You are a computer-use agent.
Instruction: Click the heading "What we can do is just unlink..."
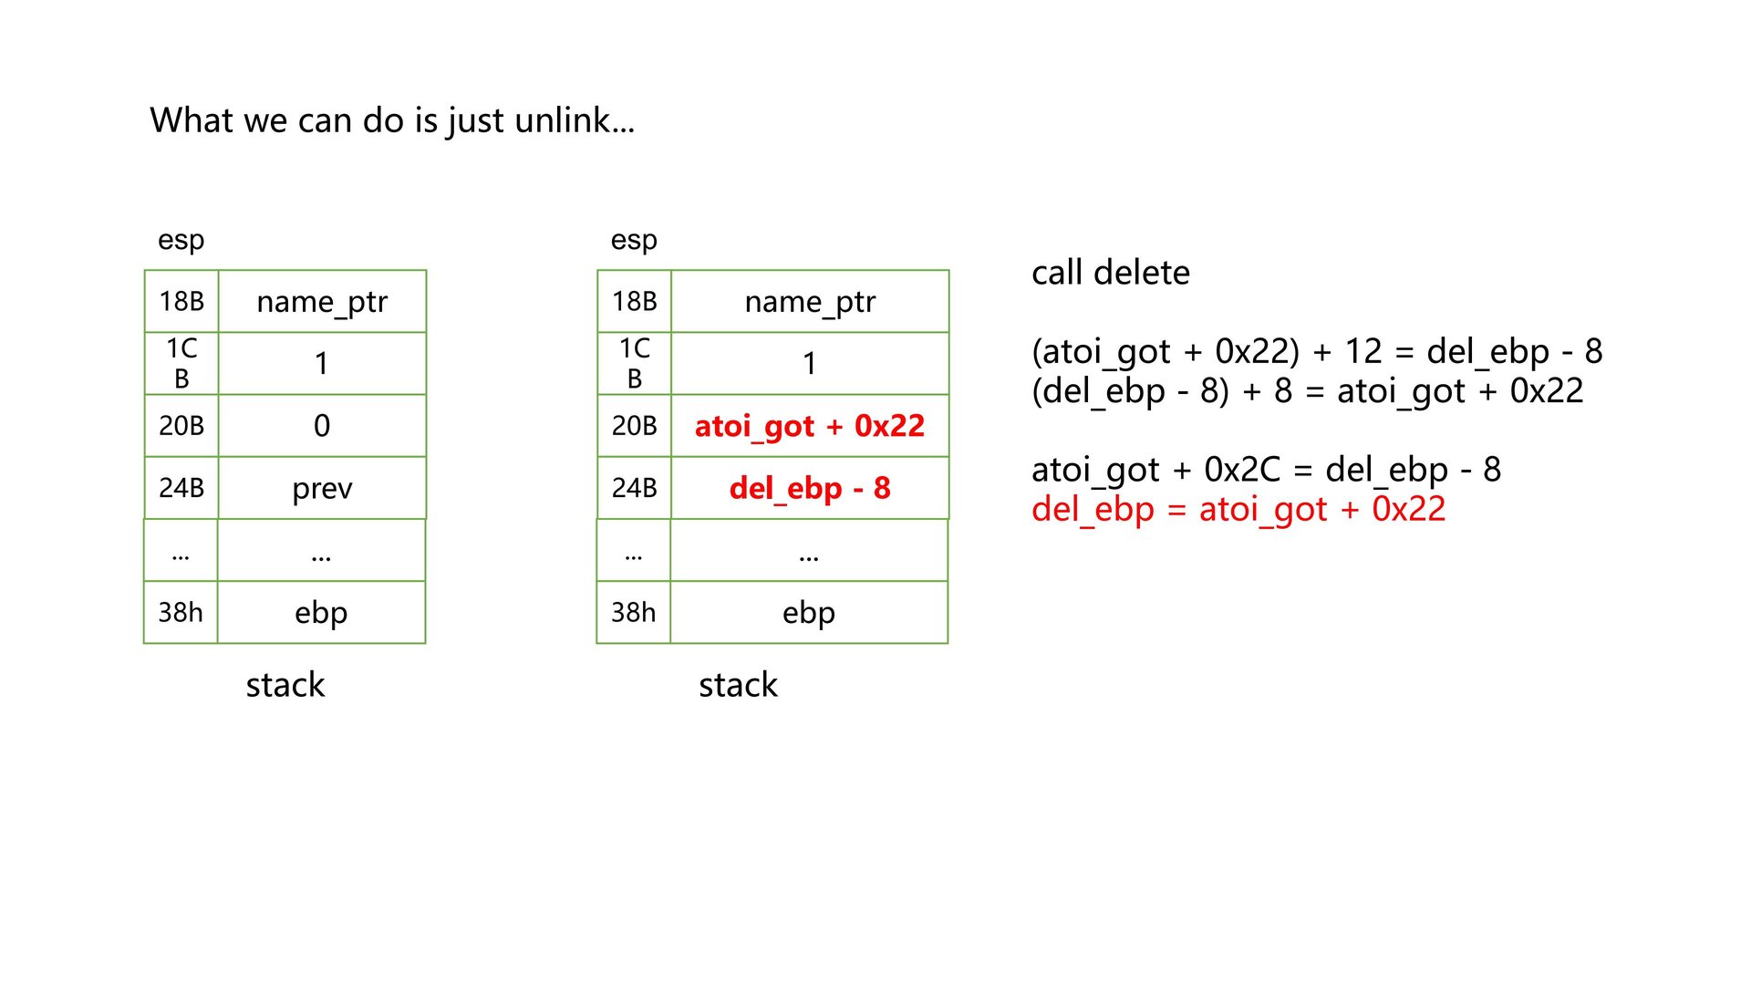pos(392,120)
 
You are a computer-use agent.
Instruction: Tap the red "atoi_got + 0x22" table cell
pos(809,426)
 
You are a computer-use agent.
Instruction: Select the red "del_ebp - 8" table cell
pos(809,488)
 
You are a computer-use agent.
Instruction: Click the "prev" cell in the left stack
pos(322,488)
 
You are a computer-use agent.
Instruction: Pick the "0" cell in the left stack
pos(322,426)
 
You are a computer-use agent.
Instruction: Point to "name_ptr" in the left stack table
pos(322,302)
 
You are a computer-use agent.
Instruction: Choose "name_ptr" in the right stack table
pos(809,302)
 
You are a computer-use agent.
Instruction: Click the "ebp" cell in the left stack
pos(321,612)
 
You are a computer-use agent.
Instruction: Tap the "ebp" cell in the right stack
pos(808,612)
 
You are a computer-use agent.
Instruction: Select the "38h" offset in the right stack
pos(634,612)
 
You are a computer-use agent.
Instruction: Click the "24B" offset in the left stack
pos(181,488)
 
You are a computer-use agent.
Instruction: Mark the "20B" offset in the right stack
pos(635,426)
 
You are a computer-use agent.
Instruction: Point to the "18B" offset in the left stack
pos(181,301)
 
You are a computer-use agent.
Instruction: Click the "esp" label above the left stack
pos(181,240)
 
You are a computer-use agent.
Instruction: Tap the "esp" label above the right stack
pos(634,240)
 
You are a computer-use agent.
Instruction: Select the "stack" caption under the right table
pos(738,685)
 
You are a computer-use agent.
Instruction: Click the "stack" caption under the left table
pos(285,685)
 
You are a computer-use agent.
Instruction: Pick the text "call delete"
pos(1110,273)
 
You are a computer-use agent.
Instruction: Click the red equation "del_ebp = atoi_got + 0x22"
pos(1238,509)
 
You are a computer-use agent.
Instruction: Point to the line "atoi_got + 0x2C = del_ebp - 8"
pos(1266,470)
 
